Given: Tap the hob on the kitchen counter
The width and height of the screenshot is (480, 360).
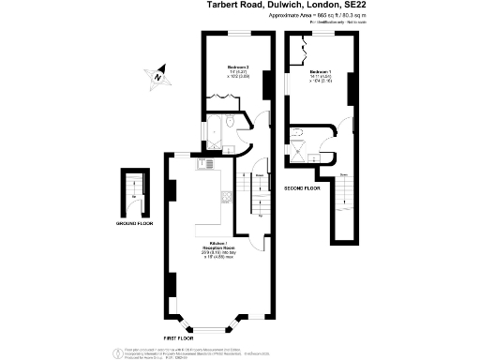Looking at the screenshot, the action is tap(225, 196).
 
